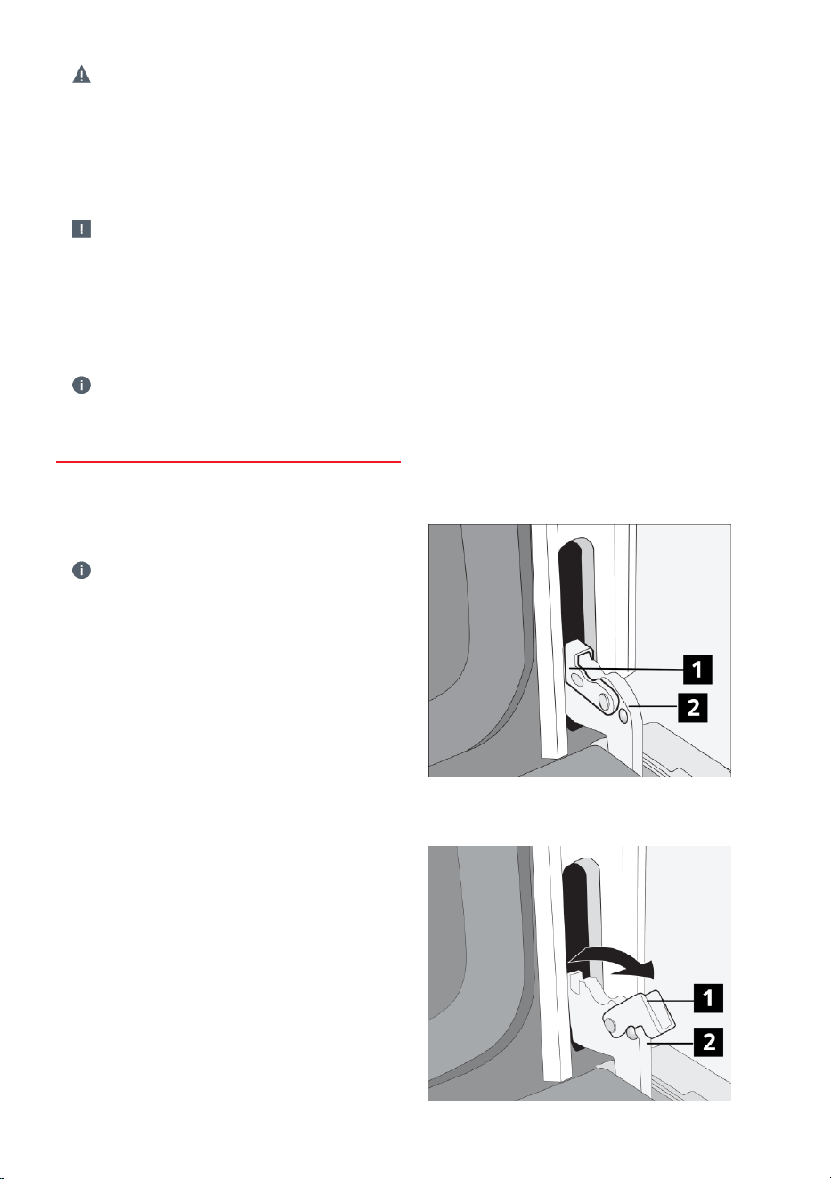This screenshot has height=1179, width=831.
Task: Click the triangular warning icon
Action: tap(81, 75)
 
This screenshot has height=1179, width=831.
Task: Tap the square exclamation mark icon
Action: tap(81, 229)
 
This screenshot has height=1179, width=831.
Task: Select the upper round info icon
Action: tap(81, 385)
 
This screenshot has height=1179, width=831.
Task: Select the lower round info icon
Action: tap(81, 570)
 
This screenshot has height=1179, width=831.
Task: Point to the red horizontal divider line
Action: tap(228, 462)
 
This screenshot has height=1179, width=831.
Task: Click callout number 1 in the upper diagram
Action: tap(697, 670)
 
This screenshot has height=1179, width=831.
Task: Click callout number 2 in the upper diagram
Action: tap(693, 707)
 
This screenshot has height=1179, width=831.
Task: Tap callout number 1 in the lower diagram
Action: tap(708, 997)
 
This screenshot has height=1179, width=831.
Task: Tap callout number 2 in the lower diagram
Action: tap(708, 1042)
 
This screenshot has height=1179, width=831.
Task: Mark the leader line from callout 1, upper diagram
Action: tap(627, 669)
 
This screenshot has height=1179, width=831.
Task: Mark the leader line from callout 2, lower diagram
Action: tap(671, 1042)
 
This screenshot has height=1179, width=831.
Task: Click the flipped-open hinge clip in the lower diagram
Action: tap(640, 1014)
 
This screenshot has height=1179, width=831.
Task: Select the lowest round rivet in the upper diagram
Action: tap(623, 715)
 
